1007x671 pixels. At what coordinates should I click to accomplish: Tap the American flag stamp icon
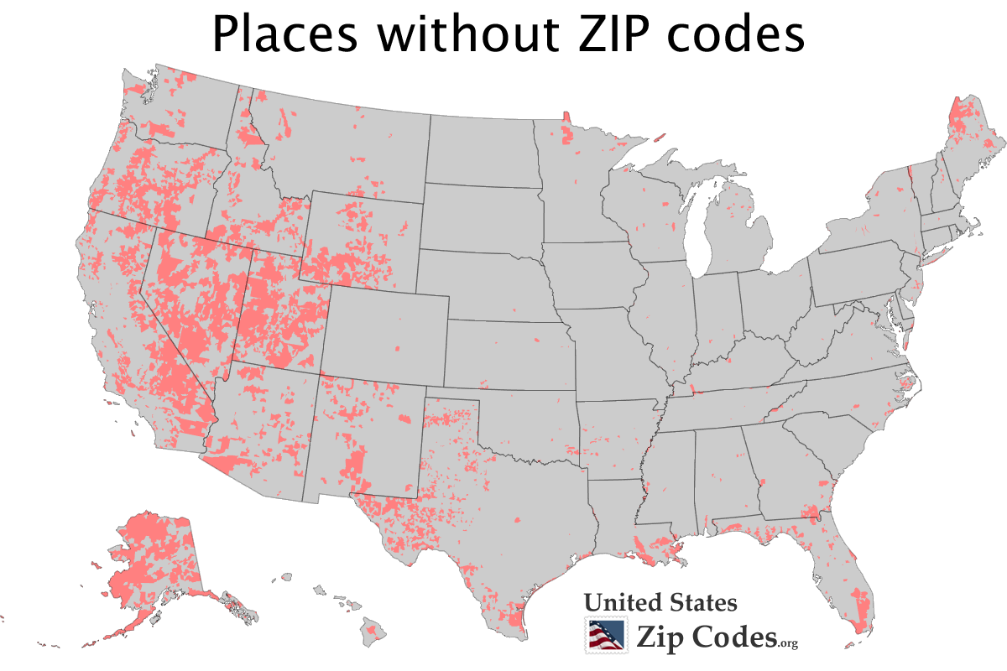click(x=606, y=635)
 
